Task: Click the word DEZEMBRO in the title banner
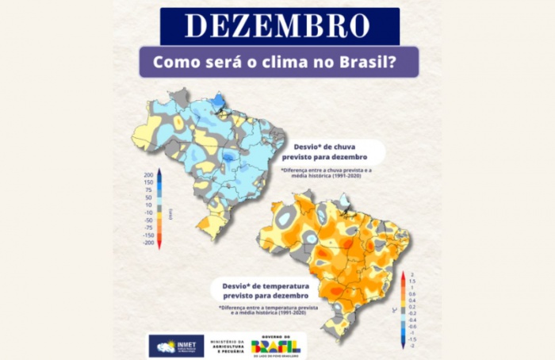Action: (x=277, y=26)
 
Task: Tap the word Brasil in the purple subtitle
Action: (x=363, y=62)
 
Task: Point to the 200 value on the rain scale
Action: (x=147, y=174)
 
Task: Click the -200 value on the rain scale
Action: (x=148, y=243)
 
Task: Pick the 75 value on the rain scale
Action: (x=148, y=190)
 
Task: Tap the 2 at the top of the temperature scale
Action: (x=413, y=274)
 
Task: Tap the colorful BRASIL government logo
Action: (x=276, y=347)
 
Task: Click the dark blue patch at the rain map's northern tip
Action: (x=218, y=99)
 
